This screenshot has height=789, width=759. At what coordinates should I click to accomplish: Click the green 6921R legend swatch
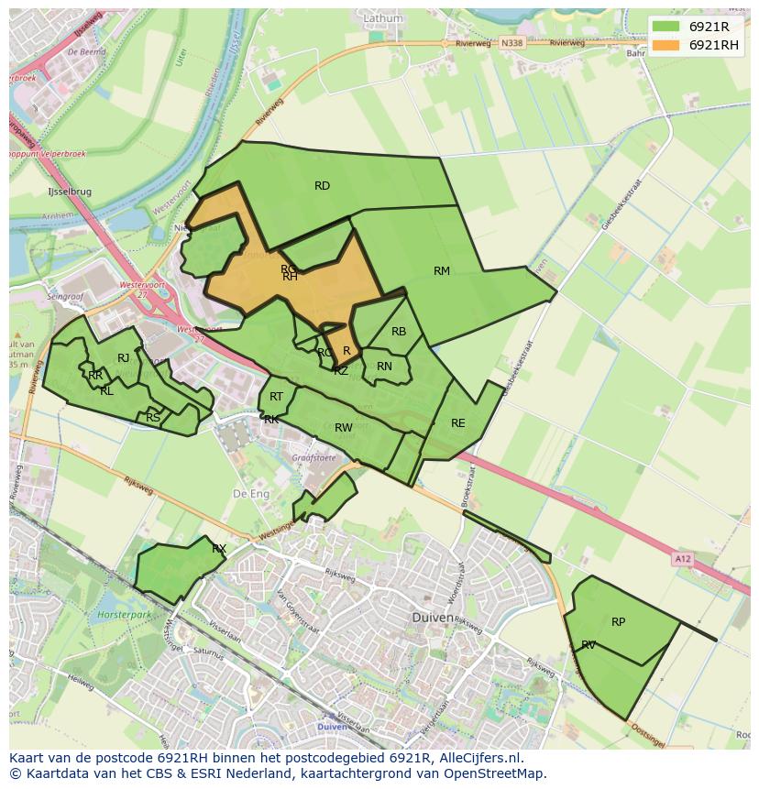tap(667, 27)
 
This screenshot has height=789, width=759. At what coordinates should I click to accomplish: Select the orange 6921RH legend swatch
tap(667, 45)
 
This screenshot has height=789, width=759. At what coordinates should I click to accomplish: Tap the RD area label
tap(322, 186)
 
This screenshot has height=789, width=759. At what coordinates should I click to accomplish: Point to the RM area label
tap(442, 270)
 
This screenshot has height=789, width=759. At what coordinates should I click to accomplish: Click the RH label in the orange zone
tap(291, 277)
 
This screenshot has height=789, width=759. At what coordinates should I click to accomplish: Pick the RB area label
tap(399, 332)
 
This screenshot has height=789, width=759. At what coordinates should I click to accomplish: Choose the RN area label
tap(384, 367)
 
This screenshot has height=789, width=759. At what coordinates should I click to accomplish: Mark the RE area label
tap(457, 423)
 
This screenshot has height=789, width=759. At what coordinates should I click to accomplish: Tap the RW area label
tap(344, 428)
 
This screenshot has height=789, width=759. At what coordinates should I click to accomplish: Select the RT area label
tap(276, 396)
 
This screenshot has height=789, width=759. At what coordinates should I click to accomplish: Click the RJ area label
tap(123, 358)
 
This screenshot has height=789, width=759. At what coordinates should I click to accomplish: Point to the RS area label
tap(153, 418)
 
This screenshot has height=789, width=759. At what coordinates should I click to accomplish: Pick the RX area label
tap(219, 549)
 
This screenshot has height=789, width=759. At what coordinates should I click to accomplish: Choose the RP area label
tap(618, 622)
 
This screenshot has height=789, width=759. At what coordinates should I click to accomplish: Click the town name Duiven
tap(434, 618)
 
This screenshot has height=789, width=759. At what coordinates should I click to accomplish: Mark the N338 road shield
tap(511, 42)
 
